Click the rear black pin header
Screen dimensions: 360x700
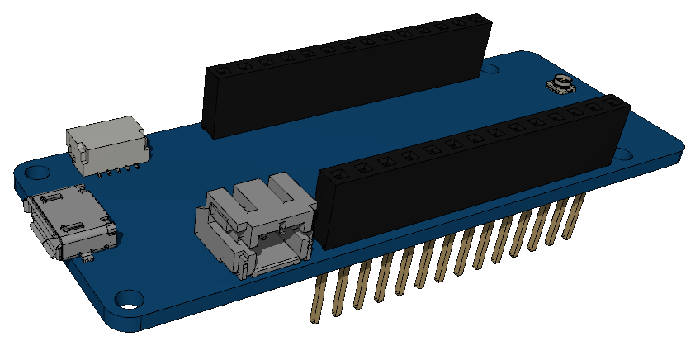(347, 78)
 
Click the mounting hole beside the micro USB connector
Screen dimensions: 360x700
(35, 173)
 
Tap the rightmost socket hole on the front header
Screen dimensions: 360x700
(612, 101)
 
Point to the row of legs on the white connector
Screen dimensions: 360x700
(111, 173)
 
